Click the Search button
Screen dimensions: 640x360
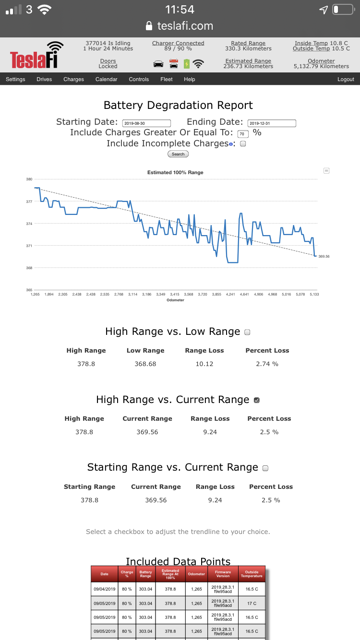click(x=178, y=154)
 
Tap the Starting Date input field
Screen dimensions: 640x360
click(x=147, y=123)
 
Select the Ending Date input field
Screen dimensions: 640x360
click(x=272, y=123)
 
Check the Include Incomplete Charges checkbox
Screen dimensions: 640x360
click(x=243, y=143)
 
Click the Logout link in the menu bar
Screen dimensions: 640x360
click(x=346, y=79)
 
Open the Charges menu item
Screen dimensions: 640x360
click(x=73, y=79)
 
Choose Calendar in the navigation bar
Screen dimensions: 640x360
click(x=106, y=79)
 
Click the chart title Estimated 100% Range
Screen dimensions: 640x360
click(x=175, y=172)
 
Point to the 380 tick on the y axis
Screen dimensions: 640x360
click(x=29, y=179)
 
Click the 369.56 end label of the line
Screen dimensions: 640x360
click(x=324, y=256)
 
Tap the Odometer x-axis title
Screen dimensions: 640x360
click(x=175, y=300)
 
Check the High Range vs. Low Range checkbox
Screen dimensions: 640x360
click(x=247, y=332)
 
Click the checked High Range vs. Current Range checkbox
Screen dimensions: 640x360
click(x=256, y=400)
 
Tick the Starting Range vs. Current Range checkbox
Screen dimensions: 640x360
click(x=265, y=468)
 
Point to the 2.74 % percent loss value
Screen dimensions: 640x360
click(x=267, y=364)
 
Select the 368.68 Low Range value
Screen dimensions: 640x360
click(x=145, y=364)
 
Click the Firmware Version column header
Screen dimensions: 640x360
click(x=223, y=574)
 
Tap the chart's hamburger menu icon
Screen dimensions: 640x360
click(x=326, y=170)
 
